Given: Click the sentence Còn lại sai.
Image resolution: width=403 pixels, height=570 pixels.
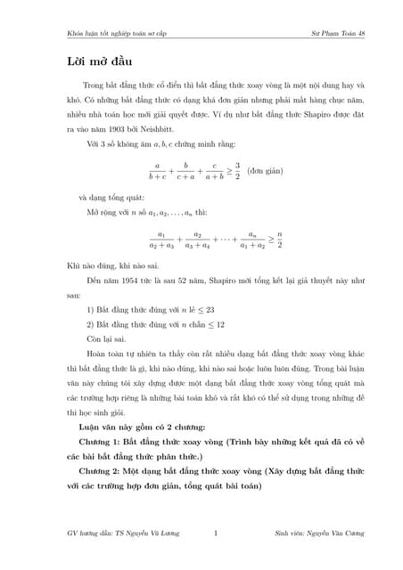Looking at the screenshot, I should tap(107, 339).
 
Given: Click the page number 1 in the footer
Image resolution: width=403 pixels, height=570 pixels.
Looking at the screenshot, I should tap(216, 533).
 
